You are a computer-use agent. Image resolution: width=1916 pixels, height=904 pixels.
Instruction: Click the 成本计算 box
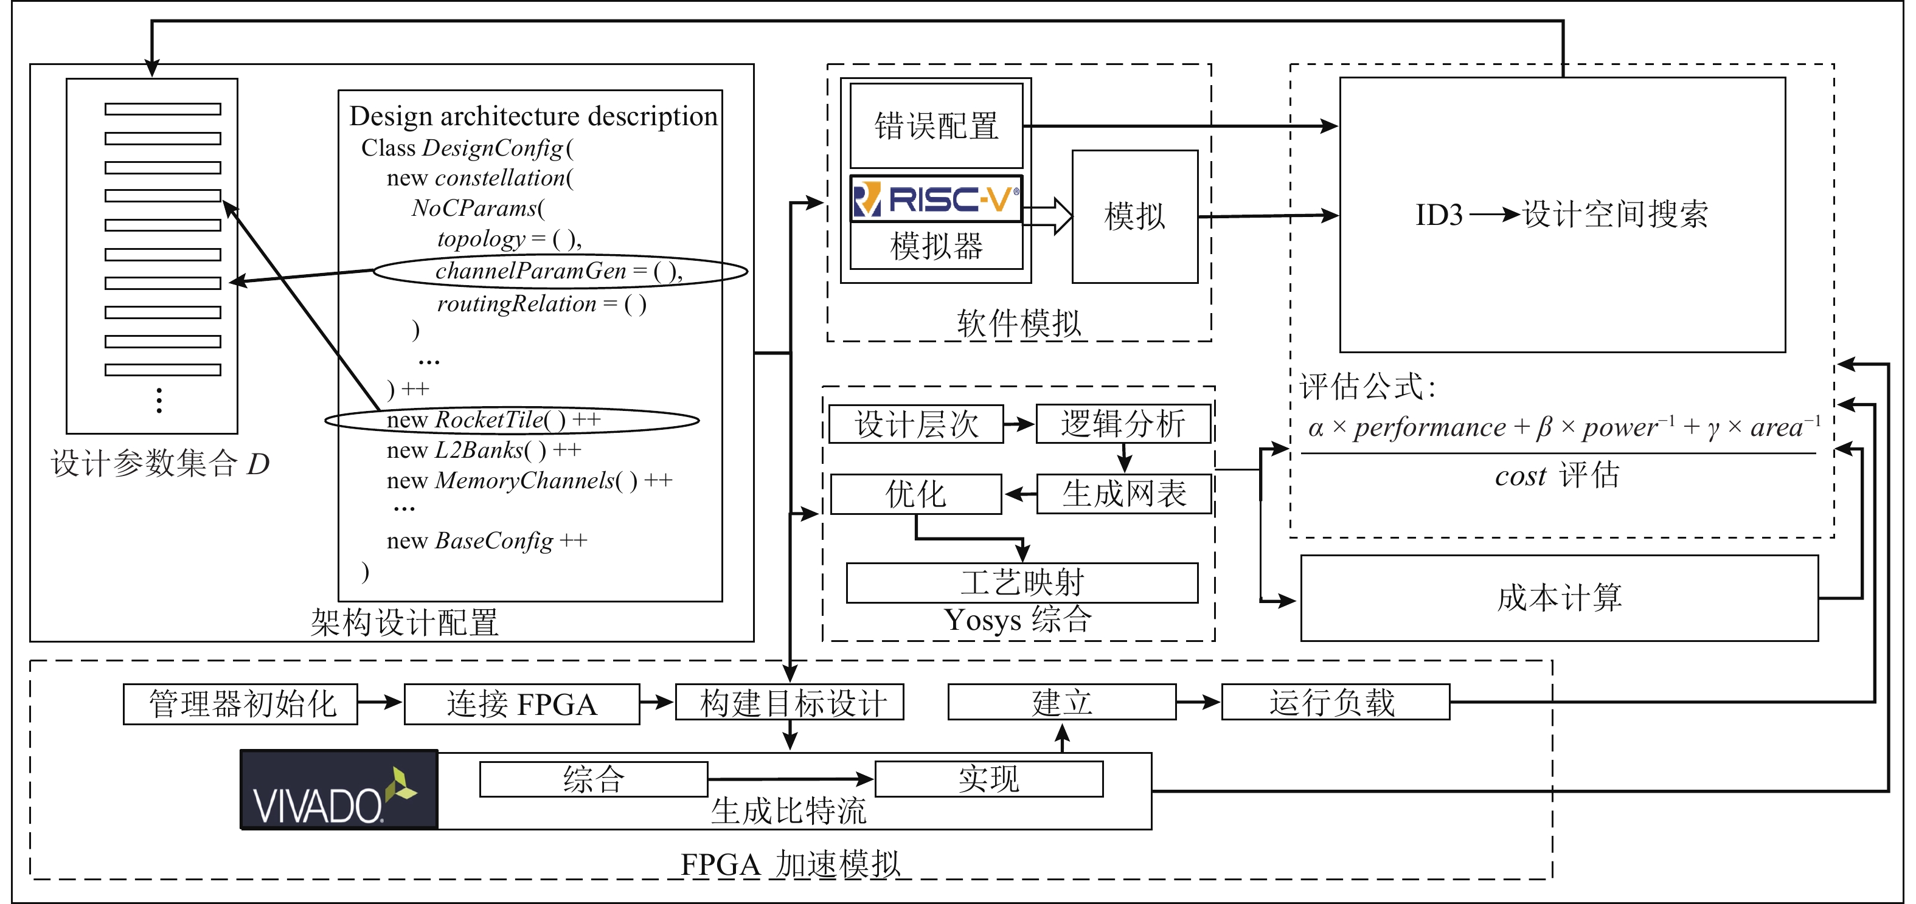(1559, 598)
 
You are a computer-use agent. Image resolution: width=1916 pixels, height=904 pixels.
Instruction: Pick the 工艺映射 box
(1022, 582)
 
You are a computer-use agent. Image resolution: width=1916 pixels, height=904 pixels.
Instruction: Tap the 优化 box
(915, 494)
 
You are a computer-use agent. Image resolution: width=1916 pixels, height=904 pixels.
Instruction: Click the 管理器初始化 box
(240, 703)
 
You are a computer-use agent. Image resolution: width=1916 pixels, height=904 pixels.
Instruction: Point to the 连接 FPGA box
(521, 703)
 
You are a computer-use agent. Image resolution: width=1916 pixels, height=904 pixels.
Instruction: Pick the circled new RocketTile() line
(512, 420)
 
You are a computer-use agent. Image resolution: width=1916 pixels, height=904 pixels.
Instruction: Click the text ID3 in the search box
(1439, 215)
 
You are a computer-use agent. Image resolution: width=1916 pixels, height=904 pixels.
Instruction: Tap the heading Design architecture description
(533, 116)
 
